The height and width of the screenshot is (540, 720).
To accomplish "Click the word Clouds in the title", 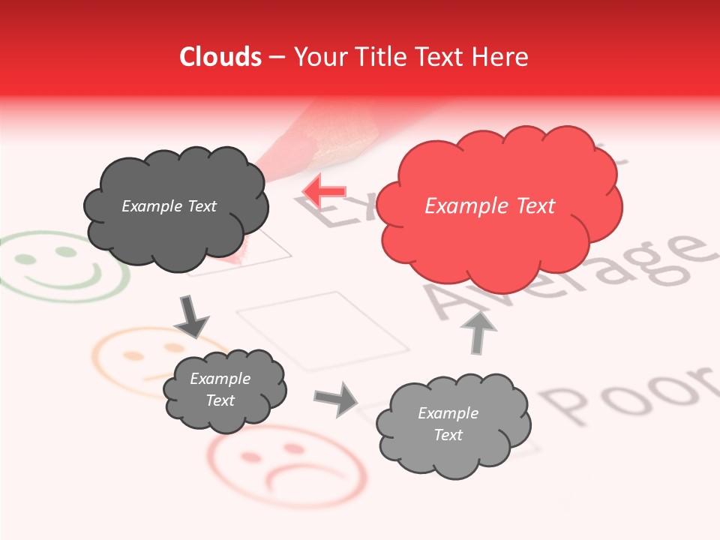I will pyautogui.click(x=220, y=57).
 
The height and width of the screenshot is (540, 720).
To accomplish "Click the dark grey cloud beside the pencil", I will pyautogui.click(x=175, y=205).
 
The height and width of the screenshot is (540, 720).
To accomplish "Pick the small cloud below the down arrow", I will pyautogui.click(x=224, y=390).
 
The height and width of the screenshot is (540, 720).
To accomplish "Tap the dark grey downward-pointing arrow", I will pyautogui.click(x=191, y=316).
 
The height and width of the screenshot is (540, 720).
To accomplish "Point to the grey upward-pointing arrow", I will pyautogui.click(x=478, y=332).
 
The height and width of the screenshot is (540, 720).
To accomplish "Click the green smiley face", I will pyautogui.click(x=64, y=266).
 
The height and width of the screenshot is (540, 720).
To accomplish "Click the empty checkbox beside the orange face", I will pyautogui.click(x=323, y=330).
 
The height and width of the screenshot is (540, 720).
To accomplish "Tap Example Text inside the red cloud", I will pyautogui.click(x=490, y=206).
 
